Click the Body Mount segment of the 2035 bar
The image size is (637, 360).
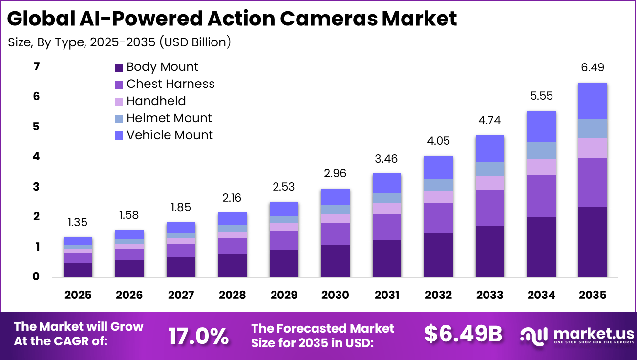(592, 242)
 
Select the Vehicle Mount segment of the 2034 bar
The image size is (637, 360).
(541, 127)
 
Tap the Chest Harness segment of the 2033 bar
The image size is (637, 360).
(489, 208)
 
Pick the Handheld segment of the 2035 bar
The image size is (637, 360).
(592, 148)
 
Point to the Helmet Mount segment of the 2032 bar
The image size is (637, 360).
(438, 185)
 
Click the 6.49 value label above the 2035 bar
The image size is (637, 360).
(592, 68)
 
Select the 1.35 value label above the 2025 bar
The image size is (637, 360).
(78, 223)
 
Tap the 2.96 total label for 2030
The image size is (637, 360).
(335, 174)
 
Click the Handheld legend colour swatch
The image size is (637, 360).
(119, 102)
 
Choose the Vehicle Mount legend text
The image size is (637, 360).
(170, 135)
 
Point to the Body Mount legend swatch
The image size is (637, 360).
(119, 67)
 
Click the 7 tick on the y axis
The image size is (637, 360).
(36, 66)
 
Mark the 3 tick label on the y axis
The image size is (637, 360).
(36, 187)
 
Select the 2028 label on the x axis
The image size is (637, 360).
(232, 295)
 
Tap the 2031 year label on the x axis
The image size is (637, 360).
(386, 295)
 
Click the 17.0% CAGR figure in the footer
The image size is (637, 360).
(198, 336)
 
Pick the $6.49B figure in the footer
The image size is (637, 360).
(463, 334)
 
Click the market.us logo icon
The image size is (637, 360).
(534, 335)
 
